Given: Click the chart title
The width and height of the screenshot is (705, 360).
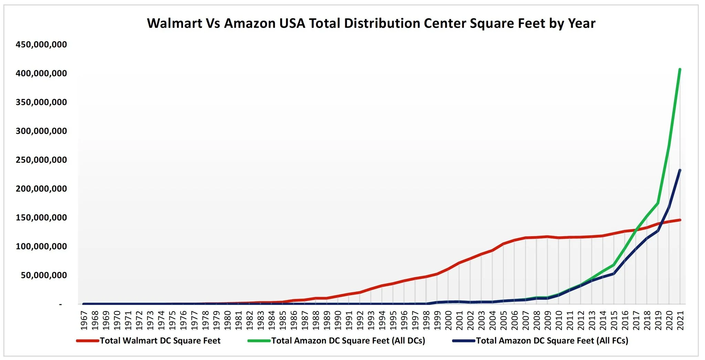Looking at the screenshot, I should pyautogui.click(x=371, y=23).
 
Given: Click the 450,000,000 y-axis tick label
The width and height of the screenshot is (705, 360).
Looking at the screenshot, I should pyautogui.click(x=41, y=45).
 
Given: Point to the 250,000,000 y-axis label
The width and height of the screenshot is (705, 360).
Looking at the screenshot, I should pyautogui.click(x=41, y=160).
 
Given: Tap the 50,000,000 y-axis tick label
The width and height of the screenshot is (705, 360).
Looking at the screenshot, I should pyautogui.click(x=44, y=275).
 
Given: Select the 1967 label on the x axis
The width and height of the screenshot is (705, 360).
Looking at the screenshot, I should pyautogui.click(x=84, y=320).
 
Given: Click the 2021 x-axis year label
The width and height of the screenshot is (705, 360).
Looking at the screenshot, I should pyautogui.click(x=680, y=320).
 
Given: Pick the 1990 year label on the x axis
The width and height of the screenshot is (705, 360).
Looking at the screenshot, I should pyautogui.click(x=338, y=320).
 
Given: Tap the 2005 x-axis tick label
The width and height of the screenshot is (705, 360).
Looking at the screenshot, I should pyautogui.click(x=503, y=320).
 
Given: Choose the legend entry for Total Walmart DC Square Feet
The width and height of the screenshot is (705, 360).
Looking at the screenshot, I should pyautogui.click(x=160, y=341).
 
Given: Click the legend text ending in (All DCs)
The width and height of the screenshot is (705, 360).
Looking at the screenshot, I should pyautogui.click(x=348, y=341).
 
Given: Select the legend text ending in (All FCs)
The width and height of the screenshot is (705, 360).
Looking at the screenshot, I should pyautogui.click(x=552, y=341).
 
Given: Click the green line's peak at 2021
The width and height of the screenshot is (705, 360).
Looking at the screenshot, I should pyautogui.click(x=680, y=70).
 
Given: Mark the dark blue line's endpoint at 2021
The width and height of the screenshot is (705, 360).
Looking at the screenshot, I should pyautogui.click(x=680, y=170).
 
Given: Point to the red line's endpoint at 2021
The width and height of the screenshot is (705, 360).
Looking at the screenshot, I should pyautogui.click(x=680, y=220).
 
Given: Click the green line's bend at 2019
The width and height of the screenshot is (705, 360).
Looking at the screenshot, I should pyautogui.click(x=658, y=203).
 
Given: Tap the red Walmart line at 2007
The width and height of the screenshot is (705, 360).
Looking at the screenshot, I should pyautogui.click(x=526, y=238).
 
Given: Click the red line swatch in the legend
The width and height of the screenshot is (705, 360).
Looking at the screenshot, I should pyautogui.click(x=88, y=341).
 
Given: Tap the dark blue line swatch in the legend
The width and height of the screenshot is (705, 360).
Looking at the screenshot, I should pyautogui.click(x=464, y=341).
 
